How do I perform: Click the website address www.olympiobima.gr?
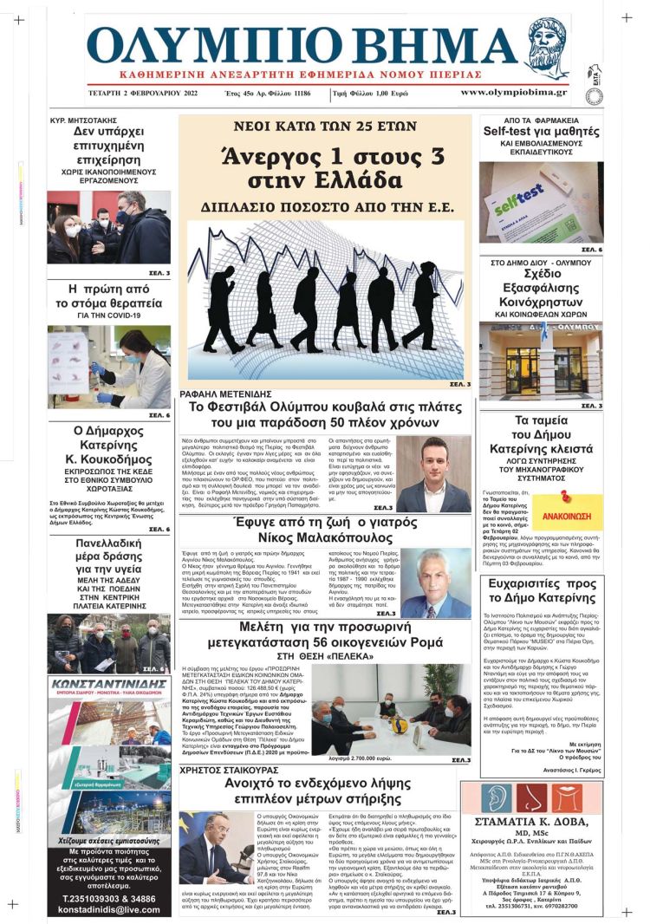click(x=514, y=92)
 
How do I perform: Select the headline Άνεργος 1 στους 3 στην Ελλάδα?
click(x=325, y=169)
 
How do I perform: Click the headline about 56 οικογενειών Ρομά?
click(x=325, y=635)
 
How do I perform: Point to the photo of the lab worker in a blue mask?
click(x=108, y=367)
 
